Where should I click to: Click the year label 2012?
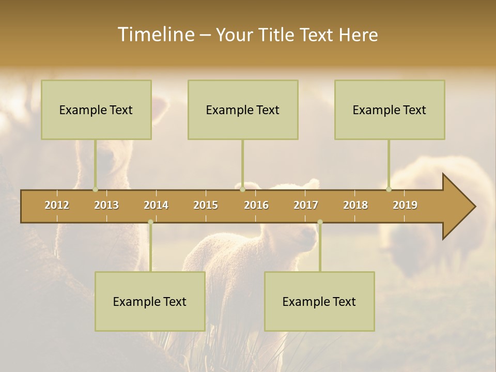tap(57, 205)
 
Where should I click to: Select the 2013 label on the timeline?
tap(106, 205)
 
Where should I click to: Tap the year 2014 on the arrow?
tap(156, 205)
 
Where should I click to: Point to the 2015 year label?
tap(206, 205)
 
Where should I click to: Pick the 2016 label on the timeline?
tap(256, 205)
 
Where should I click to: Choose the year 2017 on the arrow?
tap(306, 205)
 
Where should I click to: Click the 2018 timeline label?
tap(355, 205)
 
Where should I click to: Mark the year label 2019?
tap(405, 205)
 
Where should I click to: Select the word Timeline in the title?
tap(155, 35)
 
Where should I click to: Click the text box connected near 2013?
tap(96, 110)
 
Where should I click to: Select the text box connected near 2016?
tap(243, 110)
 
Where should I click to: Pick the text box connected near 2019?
tap(390, 110)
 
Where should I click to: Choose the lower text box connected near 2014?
tap(150, 301)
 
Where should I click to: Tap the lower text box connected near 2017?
tap(319, 301)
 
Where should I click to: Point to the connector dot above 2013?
tap(95, 189)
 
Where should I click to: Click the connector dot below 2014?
tap(150, 222)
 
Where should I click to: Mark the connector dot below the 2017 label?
tap(320, 222)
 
